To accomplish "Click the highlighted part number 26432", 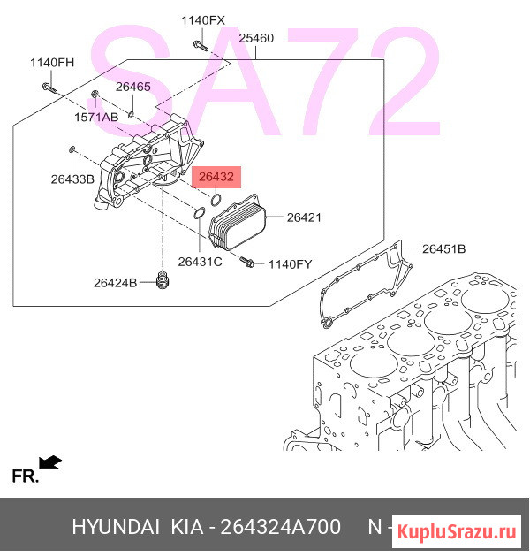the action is coord(216,177).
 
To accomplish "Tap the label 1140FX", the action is coord(203,20).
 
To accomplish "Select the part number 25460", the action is coord(256,38).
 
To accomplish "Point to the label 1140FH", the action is coord(52,63).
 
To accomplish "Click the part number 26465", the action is coord(133,87).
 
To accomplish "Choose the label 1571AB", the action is coord(96,117).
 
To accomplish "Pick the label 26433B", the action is coord(72,179).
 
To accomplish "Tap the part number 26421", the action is coord(304,217).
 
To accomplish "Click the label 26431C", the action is coord(200,262).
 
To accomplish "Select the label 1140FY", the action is coord(290,264).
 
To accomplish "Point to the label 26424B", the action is coord(115,283).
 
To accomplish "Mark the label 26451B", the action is coord(443,249).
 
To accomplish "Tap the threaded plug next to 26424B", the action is coord(163,280).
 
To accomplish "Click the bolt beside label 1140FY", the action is coord(247,263).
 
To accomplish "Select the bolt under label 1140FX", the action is coord(201,46).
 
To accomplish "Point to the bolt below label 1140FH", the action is coord(49,88).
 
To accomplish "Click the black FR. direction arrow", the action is coord(50,462).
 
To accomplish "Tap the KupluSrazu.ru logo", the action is coord(456,531).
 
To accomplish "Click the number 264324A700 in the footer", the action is coord(280,527).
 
